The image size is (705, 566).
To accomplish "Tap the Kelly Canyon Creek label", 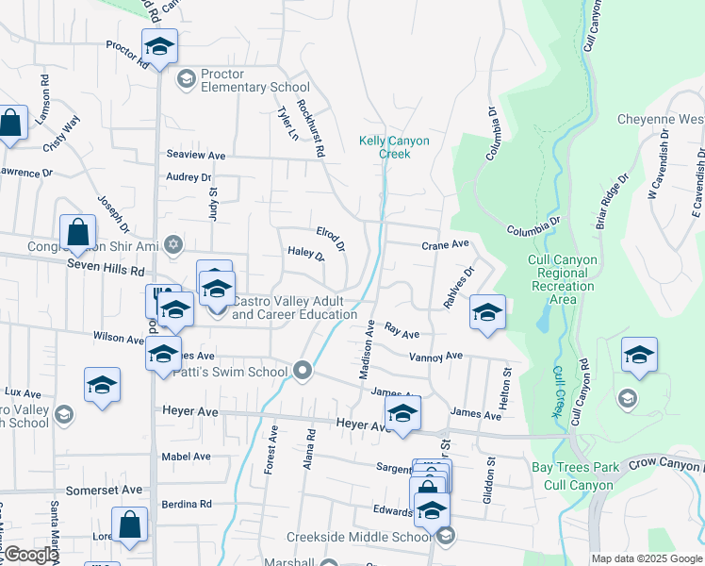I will pos(394,147).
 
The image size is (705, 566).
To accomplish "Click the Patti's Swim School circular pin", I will pos(303,371).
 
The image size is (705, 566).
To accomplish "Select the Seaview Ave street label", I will pos(196,155).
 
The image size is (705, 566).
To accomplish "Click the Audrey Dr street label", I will pos(189,176).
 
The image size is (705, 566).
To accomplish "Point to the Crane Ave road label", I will pos(445,243).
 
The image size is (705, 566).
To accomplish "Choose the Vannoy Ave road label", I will pos(435,356).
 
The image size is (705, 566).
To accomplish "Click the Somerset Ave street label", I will pos(104,490).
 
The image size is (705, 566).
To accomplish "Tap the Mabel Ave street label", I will pos(187,456).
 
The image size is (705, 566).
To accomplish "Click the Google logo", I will pos(30,556).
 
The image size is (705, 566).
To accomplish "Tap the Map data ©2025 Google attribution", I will pos(647,558).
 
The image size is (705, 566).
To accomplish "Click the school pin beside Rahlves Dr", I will pos(486,313).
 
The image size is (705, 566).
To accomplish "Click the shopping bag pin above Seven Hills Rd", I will pos(77,233).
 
